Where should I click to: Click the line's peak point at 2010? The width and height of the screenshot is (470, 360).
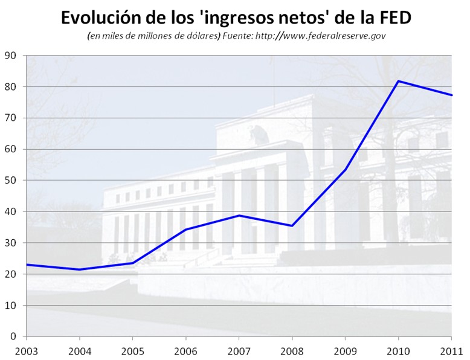398,81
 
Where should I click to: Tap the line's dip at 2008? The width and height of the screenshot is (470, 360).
292,226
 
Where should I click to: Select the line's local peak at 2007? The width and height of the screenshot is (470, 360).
239,215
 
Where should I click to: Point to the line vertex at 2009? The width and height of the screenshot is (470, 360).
345,169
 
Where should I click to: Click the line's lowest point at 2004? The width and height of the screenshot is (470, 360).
80,269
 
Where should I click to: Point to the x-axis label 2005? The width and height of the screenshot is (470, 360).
132,350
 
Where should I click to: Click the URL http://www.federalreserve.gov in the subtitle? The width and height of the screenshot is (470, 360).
321,36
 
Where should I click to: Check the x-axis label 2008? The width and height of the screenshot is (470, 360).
292,350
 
